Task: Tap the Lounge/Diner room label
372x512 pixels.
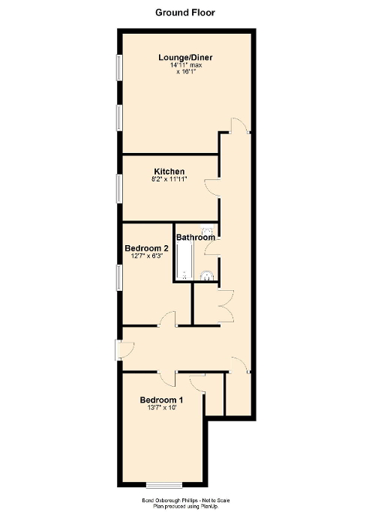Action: (x=184, y=57)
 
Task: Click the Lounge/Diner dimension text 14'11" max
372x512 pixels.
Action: (x=185, y=65)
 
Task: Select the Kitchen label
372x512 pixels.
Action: (x=169, y=172)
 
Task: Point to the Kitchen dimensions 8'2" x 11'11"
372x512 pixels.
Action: (x=169, y=180)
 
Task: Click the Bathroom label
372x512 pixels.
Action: (x=193, y=238)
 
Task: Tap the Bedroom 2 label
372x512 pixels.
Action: (x=145, y=248)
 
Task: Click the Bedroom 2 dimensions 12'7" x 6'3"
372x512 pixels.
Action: (x=145, y=256)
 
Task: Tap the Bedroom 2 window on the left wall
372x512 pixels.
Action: (x=118, y=277)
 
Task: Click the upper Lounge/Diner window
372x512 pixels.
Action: (x=118, y=67)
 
